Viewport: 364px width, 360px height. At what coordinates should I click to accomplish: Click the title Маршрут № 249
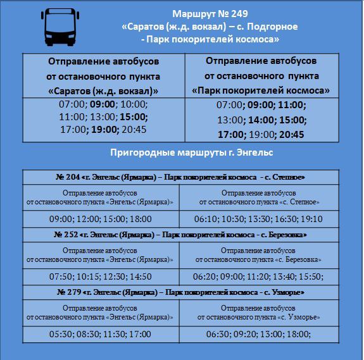pyautogui.click(x=209, y=14)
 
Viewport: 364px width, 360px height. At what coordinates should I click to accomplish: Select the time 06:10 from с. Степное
pyautogui.click(x=206, y=219)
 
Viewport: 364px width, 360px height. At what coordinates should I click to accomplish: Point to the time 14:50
pyautogui.click(x=139, y=276)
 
